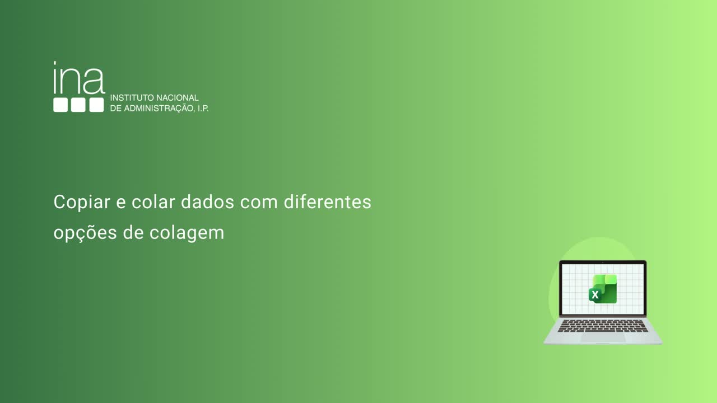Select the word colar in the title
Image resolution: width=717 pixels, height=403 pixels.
[x=153, y=202]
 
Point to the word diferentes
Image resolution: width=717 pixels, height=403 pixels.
[x=327, y=202]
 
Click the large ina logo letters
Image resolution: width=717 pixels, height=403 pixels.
[x=79, y=79]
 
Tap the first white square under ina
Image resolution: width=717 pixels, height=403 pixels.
[x=60, y=105]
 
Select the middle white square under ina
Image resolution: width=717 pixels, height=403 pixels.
[x=78, y=105]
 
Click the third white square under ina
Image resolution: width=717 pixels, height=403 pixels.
[x=96, y=105]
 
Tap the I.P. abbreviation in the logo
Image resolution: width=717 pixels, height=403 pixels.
[x=202, y=108]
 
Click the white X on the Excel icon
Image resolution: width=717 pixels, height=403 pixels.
[x=595, y=295]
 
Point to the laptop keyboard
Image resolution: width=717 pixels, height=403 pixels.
[x=603, y=326]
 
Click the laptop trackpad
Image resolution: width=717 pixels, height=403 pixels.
[x=603, y=337]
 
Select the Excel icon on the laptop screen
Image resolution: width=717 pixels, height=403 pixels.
[x=603, y=289]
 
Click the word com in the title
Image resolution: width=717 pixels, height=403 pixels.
[x=259, y=202]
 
